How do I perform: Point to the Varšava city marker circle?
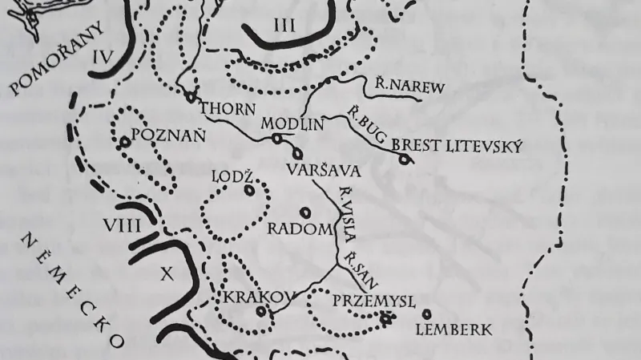coord(298,153)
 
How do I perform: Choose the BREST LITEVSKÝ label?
coord(457,147)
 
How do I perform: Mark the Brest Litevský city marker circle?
coord(405,159)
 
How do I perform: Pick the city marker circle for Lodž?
coord(249,191)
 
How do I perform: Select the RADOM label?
coord(299,229)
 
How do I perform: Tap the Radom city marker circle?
coord(304,212)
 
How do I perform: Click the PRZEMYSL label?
coord(373,301)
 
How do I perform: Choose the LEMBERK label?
coord(454,329)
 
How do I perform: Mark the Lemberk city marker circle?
coord(426,313)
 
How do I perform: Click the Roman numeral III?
coord(284,25)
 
